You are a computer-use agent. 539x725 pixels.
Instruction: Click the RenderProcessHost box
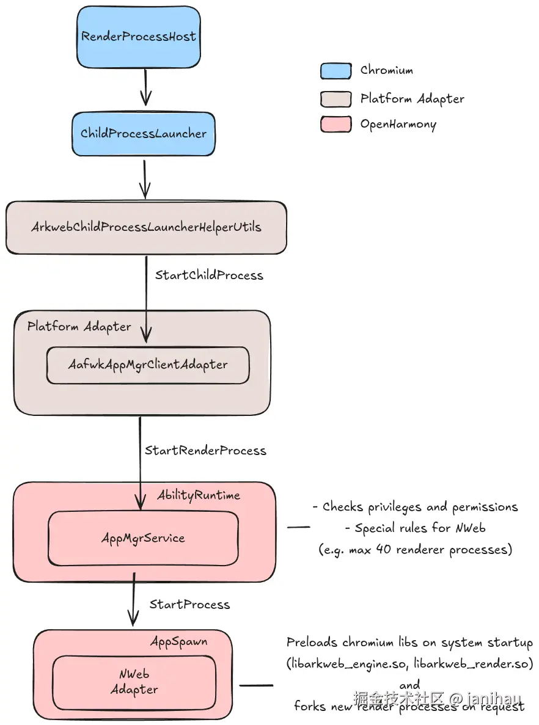139,37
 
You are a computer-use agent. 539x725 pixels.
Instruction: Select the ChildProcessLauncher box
144,133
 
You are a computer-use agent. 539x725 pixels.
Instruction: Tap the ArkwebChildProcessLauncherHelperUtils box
146,227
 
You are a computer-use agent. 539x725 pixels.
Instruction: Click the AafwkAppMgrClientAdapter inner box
148,365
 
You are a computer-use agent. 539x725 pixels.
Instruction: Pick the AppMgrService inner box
143,538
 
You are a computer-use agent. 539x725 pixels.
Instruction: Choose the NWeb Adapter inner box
134,682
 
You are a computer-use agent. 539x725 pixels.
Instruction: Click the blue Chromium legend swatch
335,71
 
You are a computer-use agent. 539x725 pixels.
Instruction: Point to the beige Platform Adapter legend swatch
335,99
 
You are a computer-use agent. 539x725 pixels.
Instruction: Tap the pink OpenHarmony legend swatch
335,125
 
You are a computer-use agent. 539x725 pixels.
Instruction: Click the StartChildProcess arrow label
209,275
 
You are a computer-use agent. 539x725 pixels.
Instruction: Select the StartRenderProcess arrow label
205,451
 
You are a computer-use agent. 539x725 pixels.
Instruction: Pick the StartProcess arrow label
189,605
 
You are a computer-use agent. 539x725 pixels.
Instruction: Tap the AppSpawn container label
178,642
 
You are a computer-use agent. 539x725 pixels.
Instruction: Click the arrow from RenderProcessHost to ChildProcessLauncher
145,87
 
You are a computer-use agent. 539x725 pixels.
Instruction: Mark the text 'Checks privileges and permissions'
415,507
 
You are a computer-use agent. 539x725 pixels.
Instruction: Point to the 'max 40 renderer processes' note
415,549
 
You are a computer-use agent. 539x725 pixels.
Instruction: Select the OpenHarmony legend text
398,125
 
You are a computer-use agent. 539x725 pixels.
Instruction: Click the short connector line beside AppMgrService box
299,527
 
